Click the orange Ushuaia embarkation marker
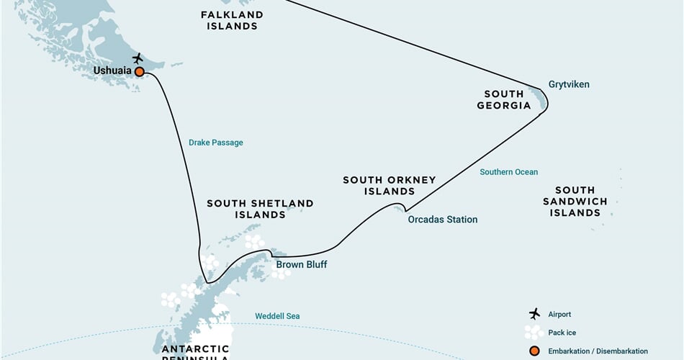coord(139,71)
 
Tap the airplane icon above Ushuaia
coord(138,58)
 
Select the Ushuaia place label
coord(112,71)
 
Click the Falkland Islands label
coord(232,20)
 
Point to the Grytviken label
coord(569,84)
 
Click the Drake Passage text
coord(216,143)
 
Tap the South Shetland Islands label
coord(260,209)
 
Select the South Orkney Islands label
coord(389,186)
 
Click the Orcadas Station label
coord(442,220)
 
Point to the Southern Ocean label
coord(509,172)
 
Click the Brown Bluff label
coord(301,265)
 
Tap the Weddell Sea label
coord(277,316)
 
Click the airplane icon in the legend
coord(534,314)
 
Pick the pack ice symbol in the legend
coord(534,332)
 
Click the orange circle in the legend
coord(534,351)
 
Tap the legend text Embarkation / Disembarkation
coord(598,351)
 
